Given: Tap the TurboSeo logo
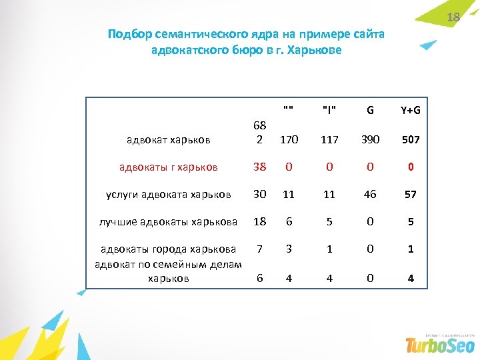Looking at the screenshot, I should tap(440, 344).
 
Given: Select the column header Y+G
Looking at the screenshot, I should tap(411, 110).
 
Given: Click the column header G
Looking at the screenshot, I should tap(370, 110).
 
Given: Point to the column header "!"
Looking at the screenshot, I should tap(329, 110).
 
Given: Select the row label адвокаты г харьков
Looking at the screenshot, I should tap(169, 167).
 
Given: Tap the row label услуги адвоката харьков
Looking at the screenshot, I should tap(169, 194).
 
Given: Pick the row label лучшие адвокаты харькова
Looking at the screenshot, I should tap(168, 221).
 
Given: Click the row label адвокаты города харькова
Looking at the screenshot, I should tap(168, 249).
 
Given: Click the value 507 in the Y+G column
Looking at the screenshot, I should tap(411, 140).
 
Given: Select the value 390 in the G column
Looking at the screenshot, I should tap(370, 140).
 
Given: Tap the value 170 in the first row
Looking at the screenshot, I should tap(289, 140).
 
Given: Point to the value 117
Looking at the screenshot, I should tap(329, 140).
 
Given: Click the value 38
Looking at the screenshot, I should tap(259, 167).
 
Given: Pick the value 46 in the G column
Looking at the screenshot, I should tap(370, 194).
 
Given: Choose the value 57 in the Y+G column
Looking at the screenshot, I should tap(411, 194).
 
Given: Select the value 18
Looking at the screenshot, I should tap(259, 221).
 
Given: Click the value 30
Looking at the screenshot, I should tap(259, 194).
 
